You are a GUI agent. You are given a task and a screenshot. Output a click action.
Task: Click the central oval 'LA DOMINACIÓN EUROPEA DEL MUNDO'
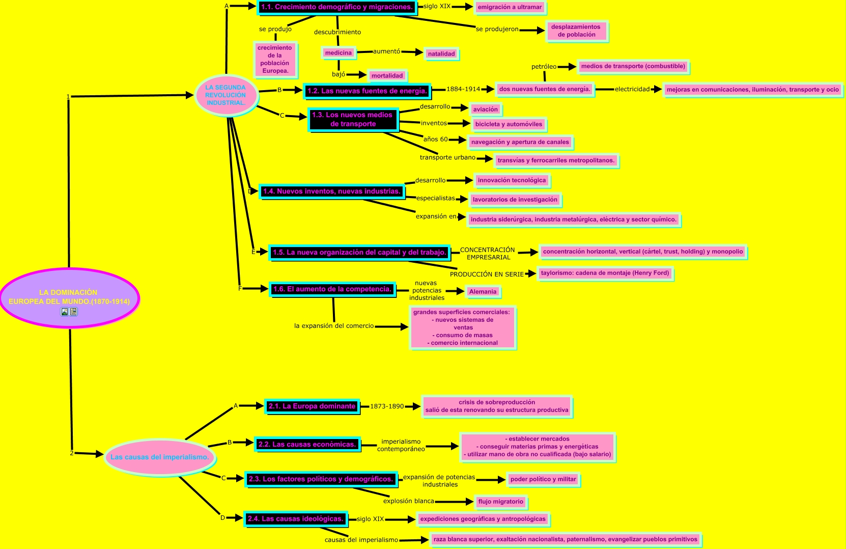pos(69,297)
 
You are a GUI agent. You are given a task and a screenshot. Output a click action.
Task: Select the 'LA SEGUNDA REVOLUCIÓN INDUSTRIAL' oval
pos(225,95)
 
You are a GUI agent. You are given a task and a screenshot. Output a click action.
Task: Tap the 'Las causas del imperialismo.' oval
pos(159,457)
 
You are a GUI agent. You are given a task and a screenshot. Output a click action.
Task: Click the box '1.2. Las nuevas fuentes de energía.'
pos(366,91)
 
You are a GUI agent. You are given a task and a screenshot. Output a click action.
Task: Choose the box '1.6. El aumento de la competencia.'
pos(332,289)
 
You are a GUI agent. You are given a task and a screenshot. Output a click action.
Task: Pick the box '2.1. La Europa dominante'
pos(312,406)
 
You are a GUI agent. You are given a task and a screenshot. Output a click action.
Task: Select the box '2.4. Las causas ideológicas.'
pos(295,519)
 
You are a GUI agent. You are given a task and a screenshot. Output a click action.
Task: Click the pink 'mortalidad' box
pos(387,76)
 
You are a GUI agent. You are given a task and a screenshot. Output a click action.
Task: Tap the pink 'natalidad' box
pos(441,54)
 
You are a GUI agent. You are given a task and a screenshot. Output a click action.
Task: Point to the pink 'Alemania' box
pos(483,292)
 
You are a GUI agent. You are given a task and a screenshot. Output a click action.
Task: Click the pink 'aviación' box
pos(486,109)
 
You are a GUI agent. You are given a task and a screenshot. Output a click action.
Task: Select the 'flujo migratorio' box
pos(500,502)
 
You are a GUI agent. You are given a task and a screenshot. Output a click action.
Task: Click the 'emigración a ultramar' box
pos(510,7)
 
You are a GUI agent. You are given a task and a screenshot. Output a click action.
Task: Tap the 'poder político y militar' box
pos(543,479)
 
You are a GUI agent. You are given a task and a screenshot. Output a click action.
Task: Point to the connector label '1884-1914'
pos(463,89)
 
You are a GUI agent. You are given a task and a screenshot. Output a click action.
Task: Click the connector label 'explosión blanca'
pos(409,501)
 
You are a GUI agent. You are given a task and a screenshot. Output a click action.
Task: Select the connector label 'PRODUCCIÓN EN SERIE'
pos(487,274)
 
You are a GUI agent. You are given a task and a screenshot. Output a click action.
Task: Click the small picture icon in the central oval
pos(64,312)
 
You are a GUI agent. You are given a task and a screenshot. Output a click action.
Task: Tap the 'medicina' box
pos(339,53)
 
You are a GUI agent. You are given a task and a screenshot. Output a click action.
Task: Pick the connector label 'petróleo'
pos(544,67)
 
